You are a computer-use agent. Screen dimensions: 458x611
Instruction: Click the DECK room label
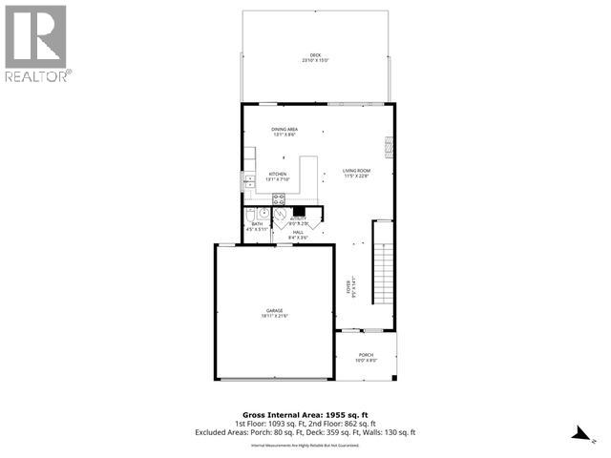[x=315, y=55]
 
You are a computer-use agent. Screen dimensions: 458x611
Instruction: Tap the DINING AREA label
[x=284, y=130]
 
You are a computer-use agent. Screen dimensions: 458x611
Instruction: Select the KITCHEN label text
[x=277, y=174]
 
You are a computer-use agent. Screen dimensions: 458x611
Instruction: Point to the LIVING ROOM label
[x=356, y=171]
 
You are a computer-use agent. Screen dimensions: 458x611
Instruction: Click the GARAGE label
[x=274, y=311]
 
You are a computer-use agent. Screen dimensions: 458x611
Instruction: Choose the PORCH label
[x=367, y=355]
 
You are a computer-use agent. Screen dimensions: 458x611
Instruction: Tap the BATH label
[x=257, y=224]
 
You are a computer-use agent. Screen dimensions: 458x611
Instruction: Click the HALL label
[x=298, y=233]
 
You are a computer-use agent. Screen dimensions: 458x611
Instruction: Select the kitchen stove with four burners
[x=280, y=199]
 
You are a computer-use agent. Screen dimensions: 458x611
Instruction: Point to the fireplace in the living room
[x=387, y=145]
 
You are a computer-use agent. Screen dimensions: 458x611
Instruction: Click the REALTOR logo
[x=35, y=43]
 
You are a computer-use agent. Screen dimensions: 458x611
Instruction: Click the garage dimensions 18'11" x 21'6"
[x=274, y=316]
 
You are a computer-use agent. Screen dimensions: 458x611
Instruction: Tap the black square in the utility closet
[x=298, y=212]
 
